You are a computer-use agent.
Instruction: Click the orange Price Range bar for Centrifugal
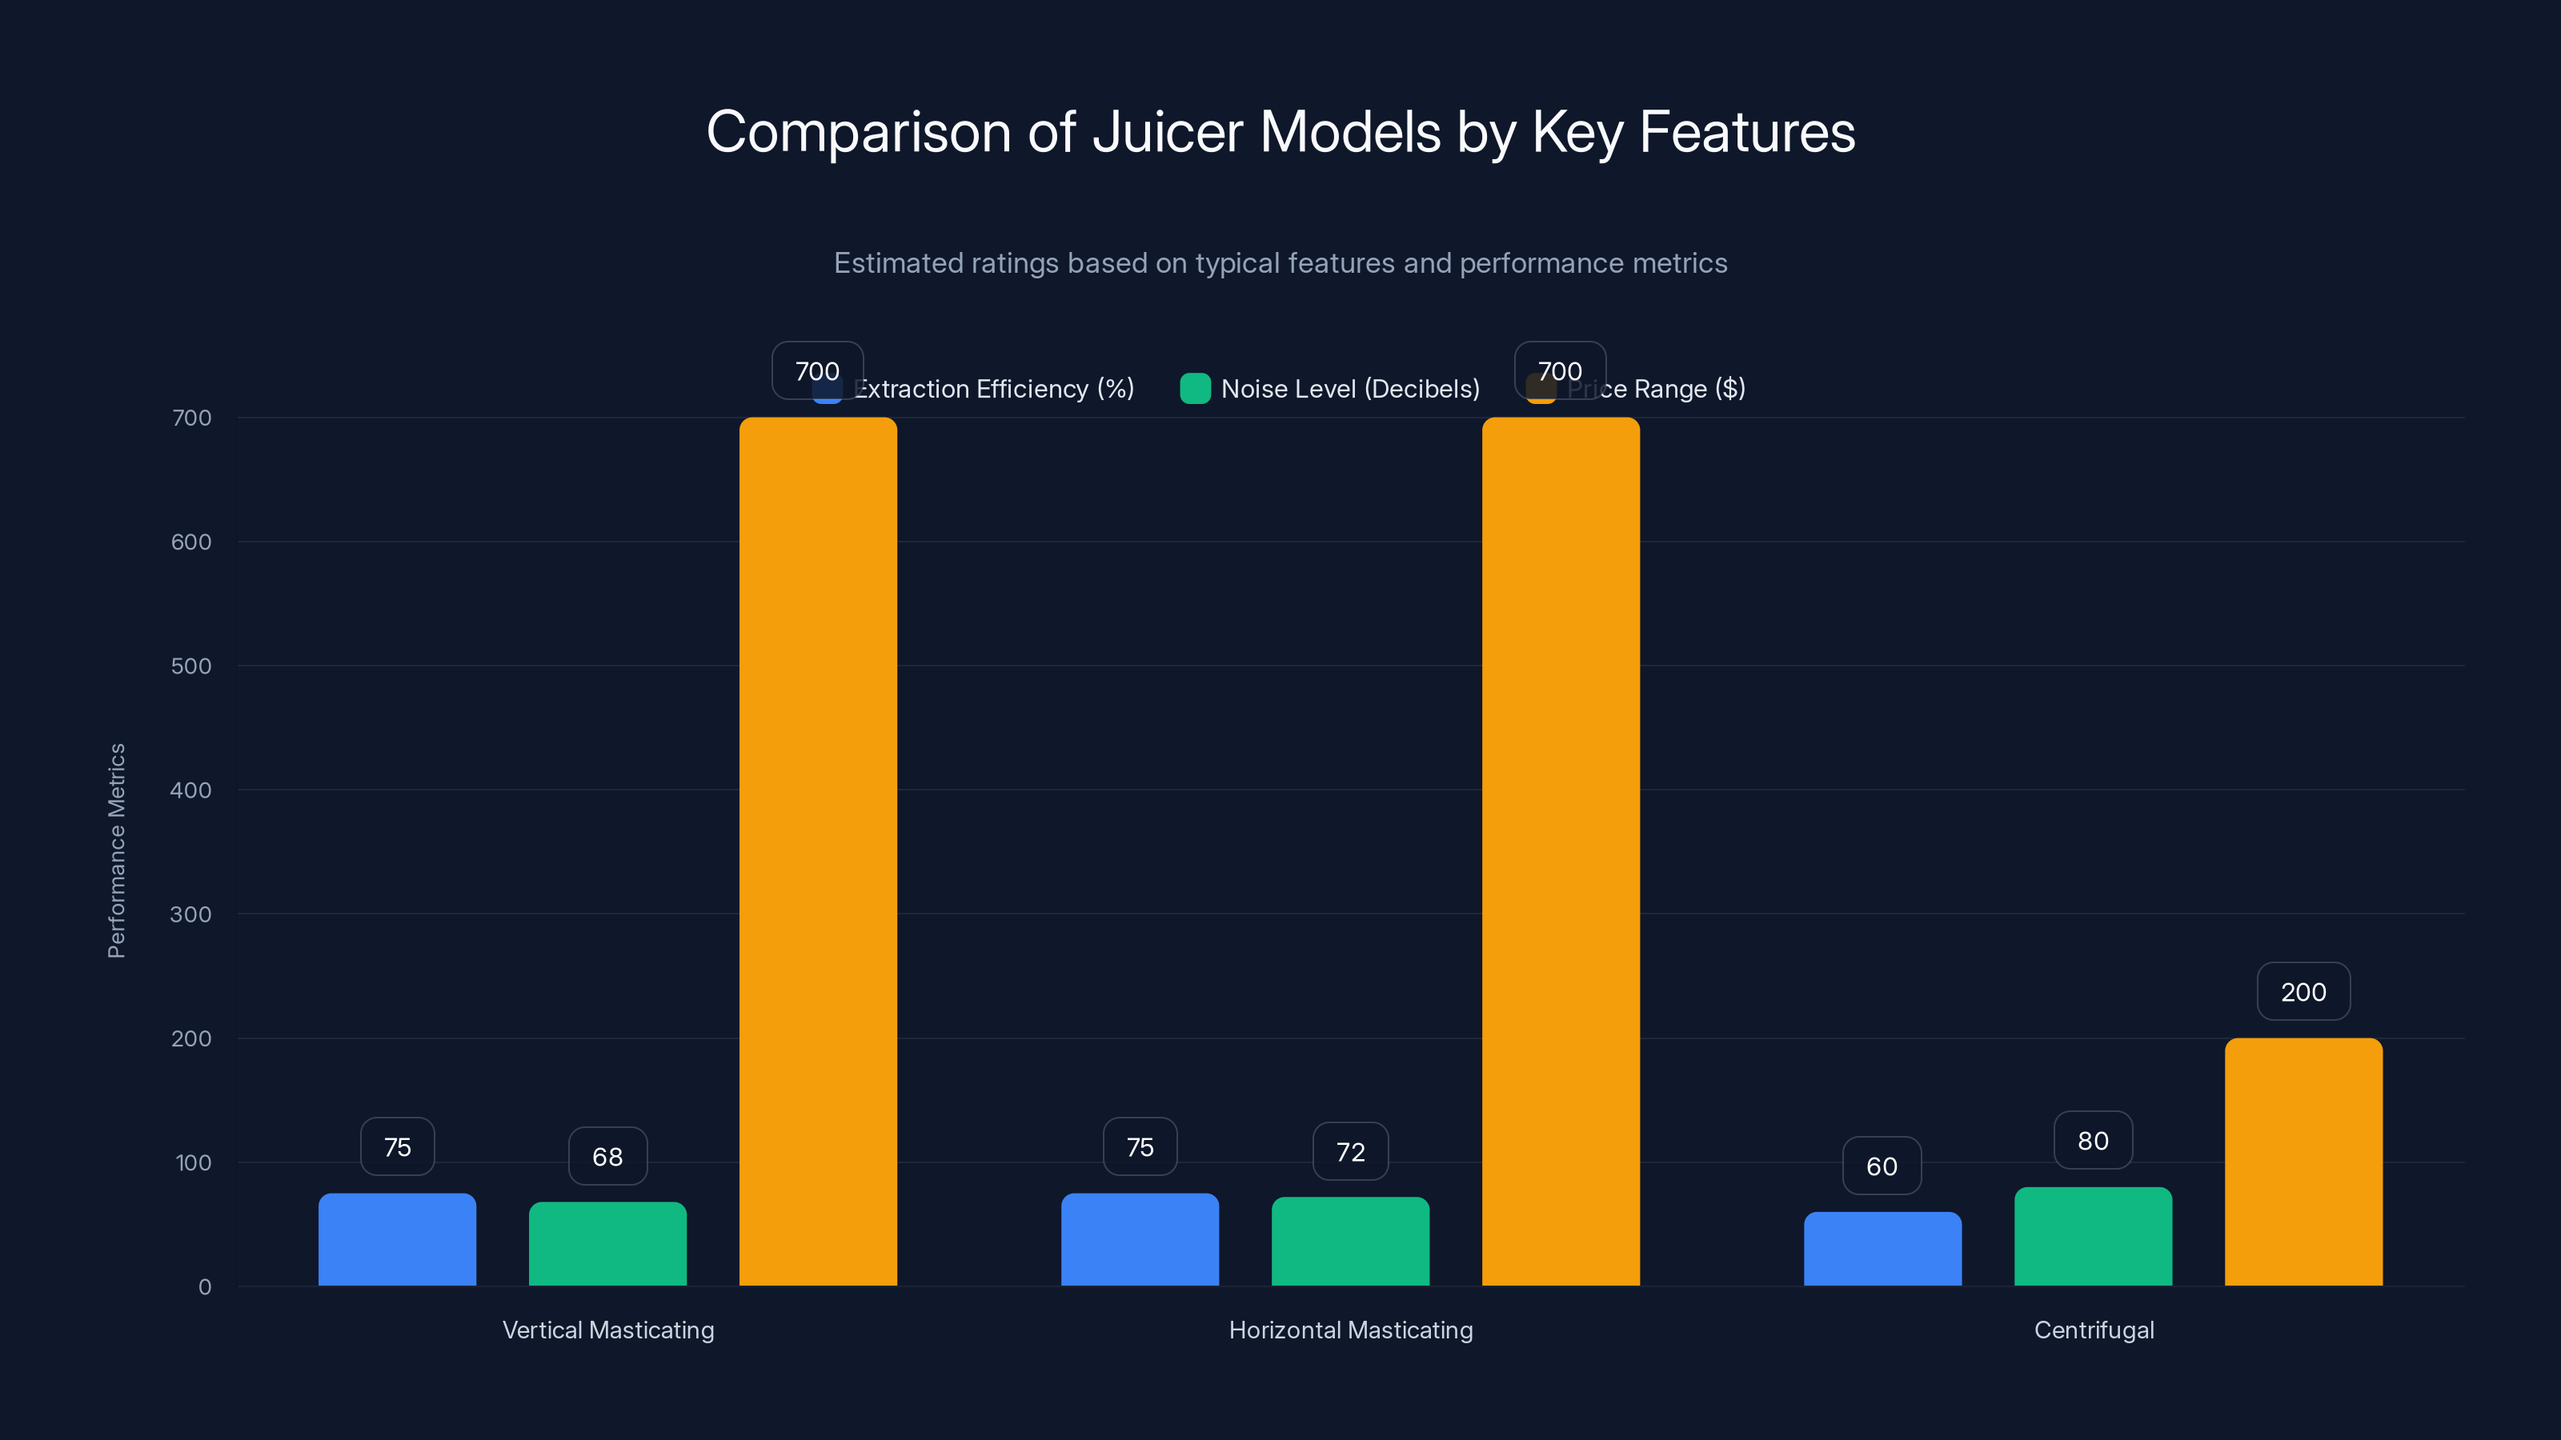coord(2302,1162)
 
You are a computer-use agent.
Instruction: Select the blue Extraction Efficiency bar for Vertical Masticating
coord(397,1239)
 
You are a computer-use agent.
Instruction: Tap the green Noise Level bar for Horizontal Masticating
coord(1350,1242)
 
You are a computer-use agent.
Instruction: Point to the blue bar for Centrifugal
coord(1882,1248)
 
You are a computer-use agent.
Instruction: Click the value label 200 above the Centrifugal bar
coord(2302,992)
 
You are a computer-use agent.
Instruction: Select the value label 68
coord(607,1157)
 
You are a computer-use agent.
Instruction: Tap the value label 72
coord(1350,1152)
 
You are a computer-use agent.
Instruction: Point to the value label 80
coord(2093,1141)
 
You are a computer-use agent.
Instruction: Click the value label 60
coord(1881,1166)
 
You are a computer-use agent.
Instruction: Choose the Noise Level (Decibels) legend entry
coord(1349,389)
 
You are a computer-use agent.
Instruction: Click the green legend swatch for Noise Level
coord(1195,389)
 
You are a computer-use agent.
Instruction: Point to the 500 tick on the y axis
coord(191,666)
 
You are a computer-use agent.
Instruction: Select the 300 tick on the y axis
coord(191,914)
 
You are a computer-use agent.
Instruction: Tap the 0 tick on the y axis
coord(205,1287)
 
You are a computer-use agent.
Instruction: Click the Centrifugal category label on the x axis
coord(2094,1330)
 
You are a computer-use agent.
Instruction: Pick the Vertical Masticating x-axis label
coord(607,1330)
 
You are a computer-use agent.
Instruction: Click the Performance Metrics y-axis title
coord(116,850)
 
